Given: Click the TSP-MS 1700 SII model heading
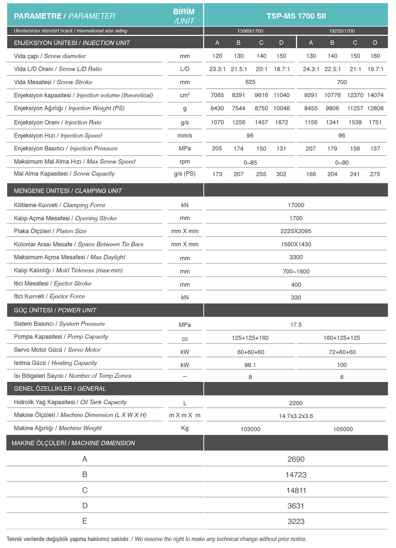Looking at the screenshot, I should pyautogui.click(x=296, y=16).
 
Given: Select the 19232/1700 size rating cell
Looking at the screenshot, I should pyautogui.click(x=341, y=31).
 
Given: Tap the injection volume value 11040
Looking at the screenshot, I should pyautogui.click(x=281, y=95).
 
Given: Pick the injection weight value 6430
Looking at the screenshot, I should pyautogui.click(x=217, y=108).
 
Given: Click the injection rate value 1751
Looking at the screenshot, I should pyautogui.click(x=375, y=122).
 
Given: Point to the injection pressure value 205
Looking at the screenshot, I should pyautogui.click(x=217, y=149).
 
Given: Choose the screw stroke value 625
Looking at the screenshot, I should pyautogui.click(x=250, y=82).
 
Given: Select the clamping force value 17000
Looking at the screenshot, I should pyautogui.click(x=296, y=205).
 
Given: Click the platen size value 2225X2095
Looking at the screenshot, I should pyautogui.click(x=296, y=231).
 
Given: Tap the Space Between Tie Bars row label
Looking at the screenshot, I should pyautogui.click(x=79, y=244).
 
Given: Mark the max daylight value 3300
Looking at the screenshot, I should pyautogui.click(x=296, y=257).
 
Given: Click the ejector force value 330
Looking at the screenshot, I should pyautogui.click(x=296, y=298).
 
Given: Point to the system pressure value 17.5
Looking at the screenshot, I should pyautogui.click(x=296, y=325).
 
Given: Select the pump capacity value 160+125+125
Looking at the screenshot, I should pyautogui.click(x=341, y=338).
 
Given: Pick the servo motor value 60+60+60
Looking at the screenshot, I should pyautogui.click(x=250, y=352).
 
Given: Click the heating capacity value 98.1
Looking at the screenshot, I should pyautogui.click(x=250, y=365).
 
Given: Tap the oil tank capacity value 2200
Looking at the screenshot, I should pyautogui.click(x=296, y=403).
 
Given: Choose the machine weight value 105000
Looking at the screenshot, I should pyautogui.click(x=343, y=429).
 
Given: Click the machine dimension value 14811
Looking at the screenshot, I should pyautogui.click(x=296, y=490).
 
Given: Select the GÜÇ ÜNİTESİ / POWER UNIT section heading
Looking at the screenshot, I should pyautogui.click(x=55, y=310).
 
